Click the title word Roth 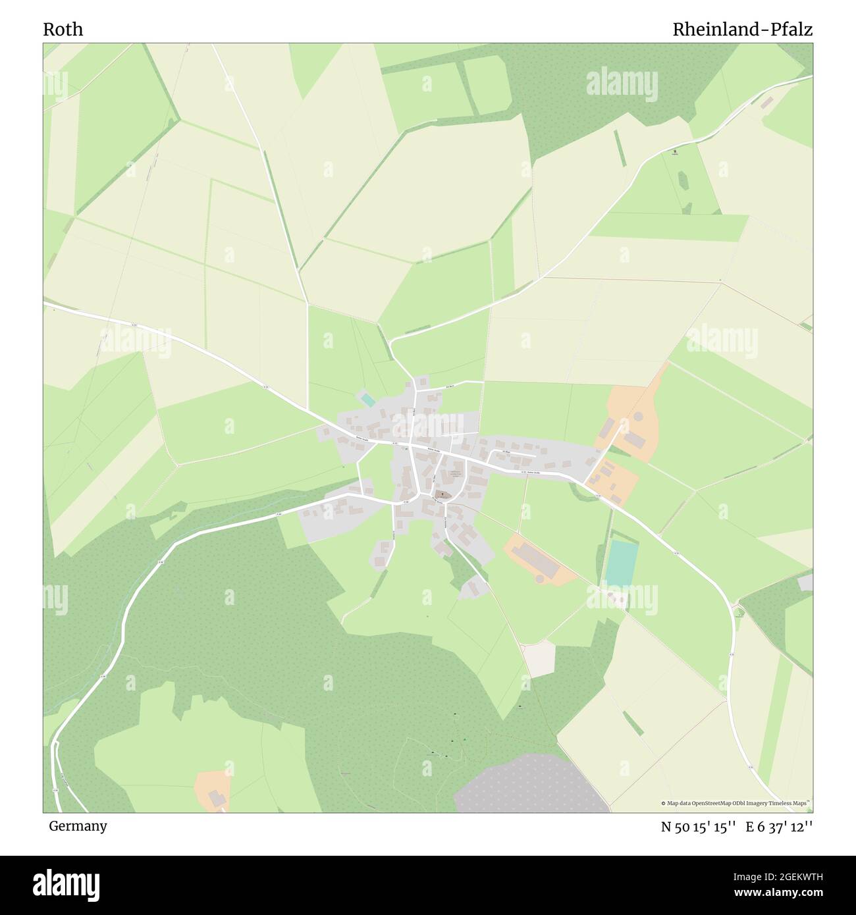[63, 30]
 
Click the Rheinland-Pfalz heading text [742, 30]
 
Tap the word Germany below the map [78, 825]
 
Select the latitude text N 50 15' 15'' [698, 827]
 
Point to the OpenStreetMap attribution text [736, 803]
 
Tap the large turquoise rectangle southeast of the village [621, 562]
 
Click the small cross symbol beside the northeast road [674, 153]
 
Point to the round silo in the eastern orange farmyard [637, 417]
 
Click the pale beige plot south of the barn [539, 658]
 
